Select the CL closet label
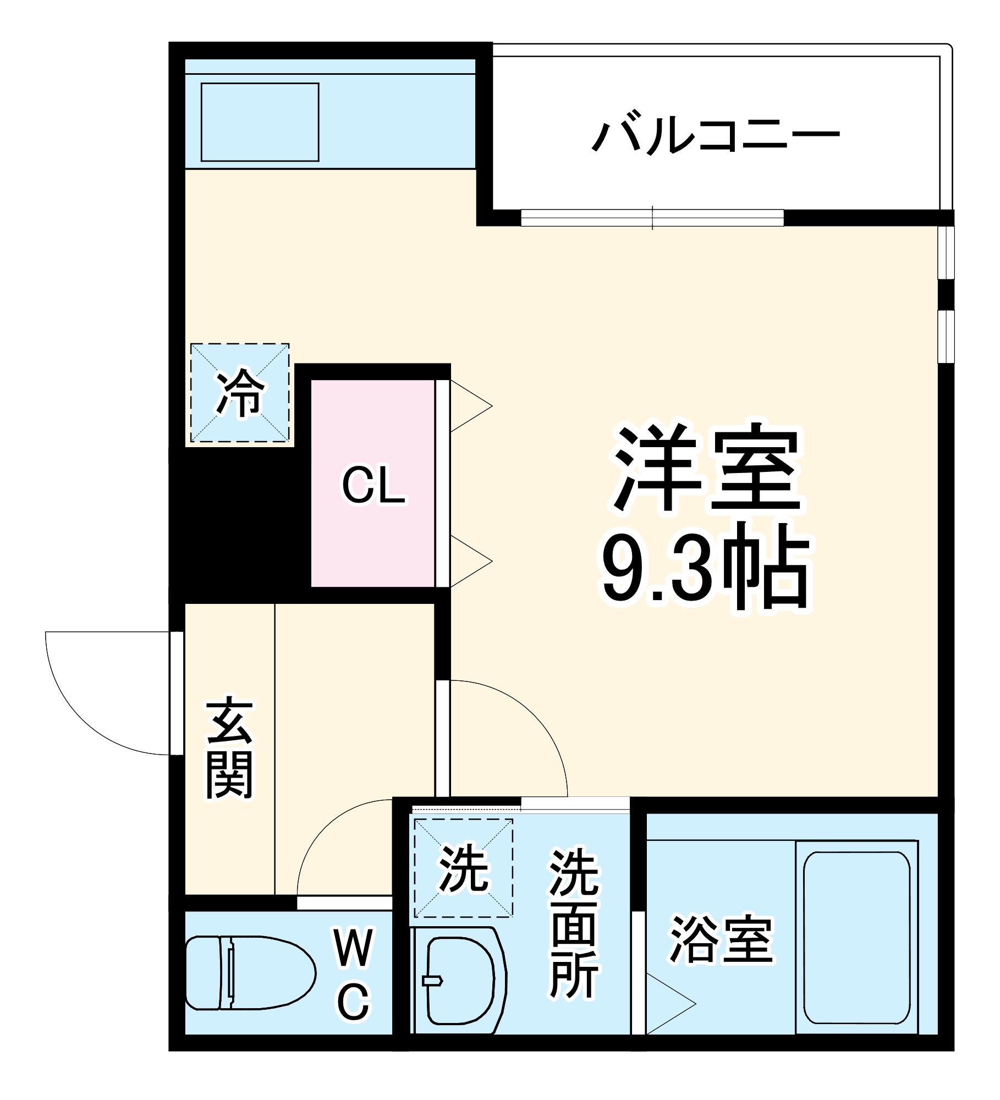click(x=373, y=485)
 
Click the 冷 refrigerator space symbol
click(x=240, y=393)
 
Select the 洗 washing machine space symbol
click(x=463, y=868)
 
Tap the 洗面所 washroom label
click(x=573, y=924)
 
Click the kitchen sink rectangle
click(x=260, y=122)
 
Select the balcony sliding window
click(x=652, y=218)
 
